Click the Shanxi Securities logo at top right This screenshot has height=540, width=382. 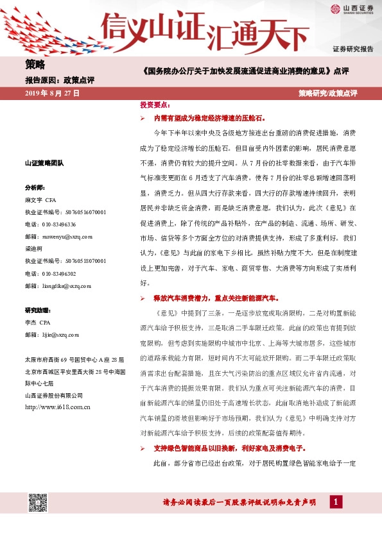coord(351,9)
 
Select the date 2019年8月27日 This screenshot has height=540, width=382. coord(52,94)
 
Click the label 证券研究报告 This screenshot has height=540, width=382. coord(352,49)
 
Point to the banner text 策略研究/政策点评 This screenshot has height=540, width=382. coord(327,94)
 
